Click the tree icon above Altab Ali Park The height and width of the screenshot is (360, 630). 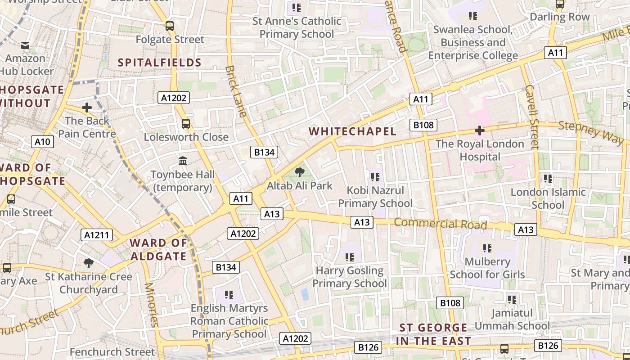click(x=299, y=172)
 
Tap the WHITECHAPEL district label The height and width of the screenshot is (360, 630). click(x=353, y=131)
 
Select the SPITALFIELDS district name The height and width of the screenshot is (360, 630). click(x=159, y=63)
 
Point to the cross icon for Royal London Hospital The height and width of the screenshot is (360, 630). click(x=480, y=131)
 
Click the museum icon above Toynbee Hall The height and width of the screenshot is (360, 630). click(x=183, y=161)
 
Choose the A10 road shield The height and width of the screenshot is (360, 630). click(x=43, y=142)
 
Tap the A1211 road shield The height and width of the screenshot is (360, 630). click(x=97, y=234)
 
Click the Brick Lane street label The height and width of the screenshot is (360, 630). click(x=236, y=91)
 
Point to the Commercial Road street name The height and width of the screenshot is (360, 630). click(x=441, y=224)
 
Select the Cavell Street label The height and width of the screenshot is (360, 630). click(x=532, y=117)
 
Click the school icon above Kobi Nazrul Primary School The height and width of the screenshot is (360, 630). click(x=375, y=177)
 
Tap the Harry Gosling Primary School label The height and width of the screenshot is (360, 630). click(x=350, y=277)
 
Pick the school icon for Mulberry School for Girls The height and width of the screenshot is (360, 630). click(x=487, y=248)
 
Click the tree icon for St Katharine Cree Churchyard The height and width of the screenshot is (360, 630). click(x=89, y=263)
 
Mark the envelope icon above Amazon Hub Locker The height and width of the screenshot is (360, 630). click(x=25, y=45)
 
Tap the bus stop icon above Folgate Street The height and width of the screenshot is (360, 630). click(x=170, y=26)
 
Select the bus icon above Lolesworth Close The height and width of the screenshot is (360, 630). click(x=185, y=123)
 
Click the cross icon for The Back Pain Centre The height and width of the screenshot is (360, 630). click(x=87, y=108)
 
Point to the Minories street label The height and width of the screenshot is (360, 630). click(x=152, y=304)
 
